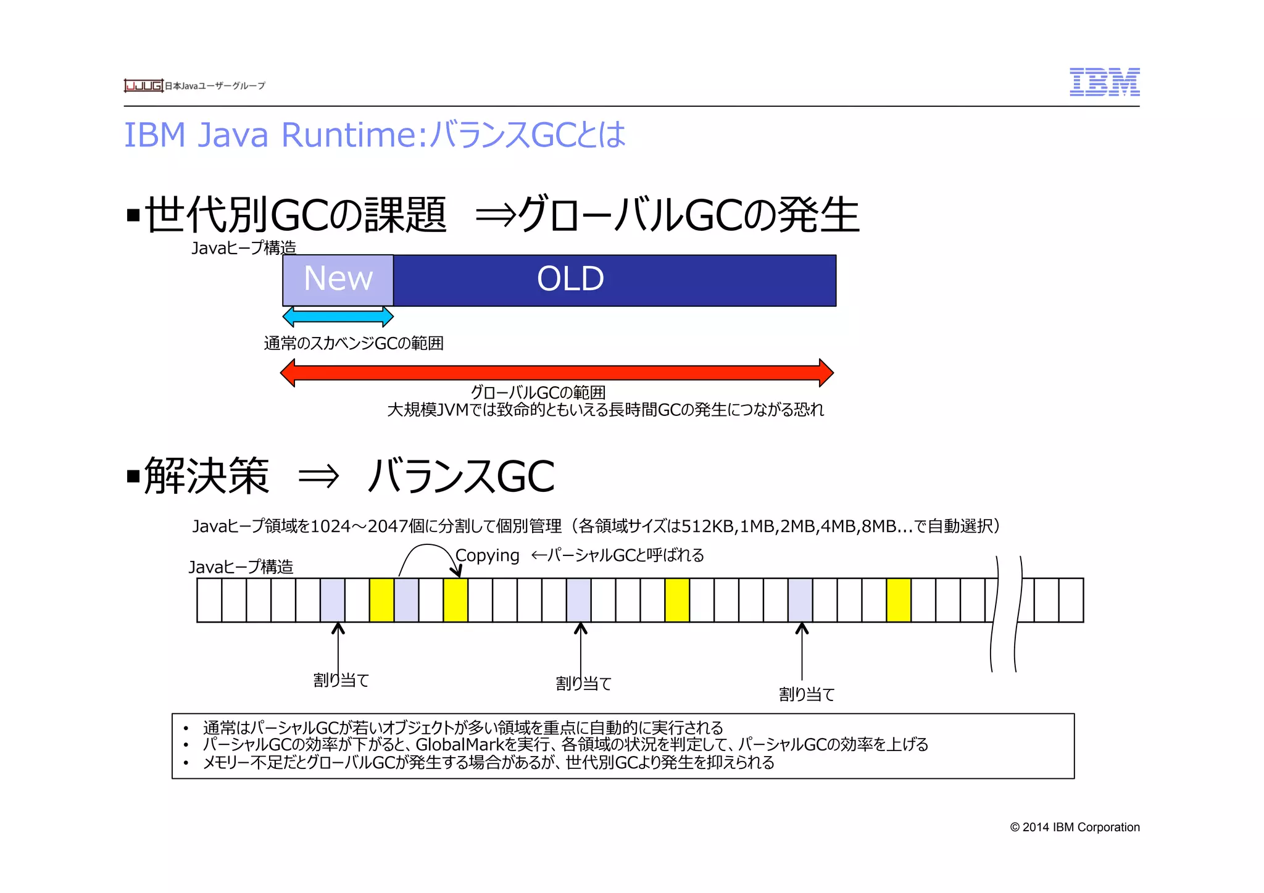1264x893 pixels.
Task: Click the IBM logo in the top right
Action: [1104, 82]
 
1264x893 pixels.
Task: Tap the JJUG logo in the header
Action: [143, 86]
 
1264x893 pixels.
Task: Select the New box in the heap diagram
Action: [338, 280]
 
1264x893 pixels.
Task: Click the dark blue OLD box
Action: [615, 280]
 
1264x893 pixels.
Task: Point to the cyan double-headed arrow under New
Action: [338, 317]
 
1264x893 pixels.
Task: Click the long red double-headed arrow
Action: [557, 373]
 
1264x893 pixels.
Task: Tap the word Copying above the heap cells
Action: [488, 555]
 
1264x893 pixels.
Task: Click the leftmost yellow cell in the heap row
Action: [381, 600]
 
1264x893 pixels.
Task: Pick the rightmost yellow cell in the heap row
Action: [899, 600]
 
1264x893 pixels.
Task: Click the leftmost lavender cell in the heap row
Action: [332, 600]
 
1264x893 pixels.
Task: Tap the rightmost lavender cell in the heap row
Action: [800, 600]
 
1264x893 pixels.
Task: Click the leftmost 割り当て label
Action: [341, 680]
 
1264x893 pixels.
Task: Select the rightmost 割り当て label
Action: [806, 694]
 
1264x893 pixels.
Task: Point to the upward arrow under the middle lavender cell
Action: [581, 648]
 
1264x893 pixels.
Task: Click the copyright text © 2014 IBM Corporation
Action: [1075, 827]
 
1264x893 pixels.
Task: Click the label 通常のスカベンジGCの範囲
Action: [354, 343]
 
